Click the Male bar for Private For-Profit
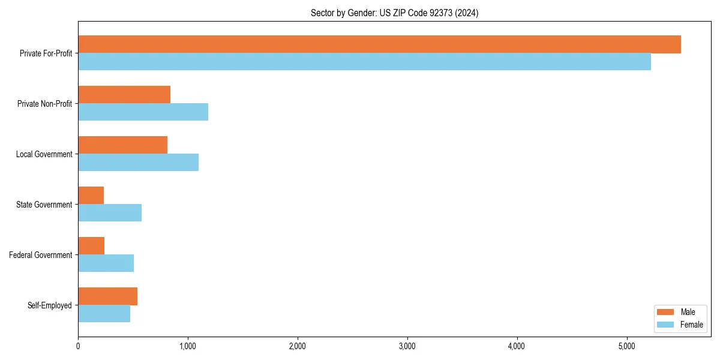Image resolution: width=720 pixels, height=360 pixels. point(379,44)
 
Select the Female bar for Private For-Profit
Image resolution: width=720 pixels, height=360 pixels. point(364,62)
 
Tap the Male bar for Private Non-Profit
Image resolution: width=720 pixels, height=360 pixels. point(124,95)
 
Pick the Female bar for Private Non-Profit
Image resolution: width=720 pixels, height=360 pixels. point(143,112)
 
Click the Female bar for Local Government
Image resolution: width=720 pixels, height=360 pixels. point(138,163)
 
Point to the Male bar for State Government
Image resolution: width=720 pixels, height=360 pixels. point(91,196)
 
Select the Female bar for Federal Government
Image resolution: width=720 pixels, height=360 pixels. point(106,263)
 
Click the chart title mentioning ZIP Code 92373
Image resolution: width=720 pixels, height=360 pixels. point(394,13)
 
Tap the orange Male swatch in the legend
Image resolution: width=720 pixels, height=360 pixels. point(666,312)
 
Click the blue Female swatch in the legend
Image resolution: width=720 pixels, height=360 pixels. point(666,325)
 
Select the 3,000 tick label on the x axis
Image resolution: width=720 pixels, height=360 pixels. point(407,346)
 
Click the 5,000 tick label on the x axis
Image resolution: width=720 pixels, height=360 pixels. point(626,346)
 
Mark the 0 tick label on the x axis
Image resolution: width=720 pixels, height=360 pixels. point(78,346)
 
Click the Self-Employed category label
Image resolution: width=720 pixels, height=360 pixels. point(49,305)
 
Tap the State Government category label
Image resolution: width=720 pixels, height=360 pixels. point(44,205)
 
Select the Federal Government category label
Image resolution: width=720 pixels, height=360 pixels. point(40,255)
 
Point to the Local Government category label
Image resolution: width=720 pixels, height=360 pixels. point(44,154)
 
